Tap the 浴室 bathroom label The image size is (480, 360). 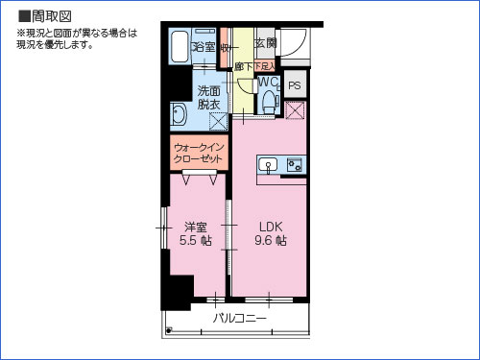pos(204,46)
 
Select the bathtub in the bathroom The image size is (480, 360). pos(180,46)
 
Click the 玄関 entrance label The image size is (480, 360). pos(265,43)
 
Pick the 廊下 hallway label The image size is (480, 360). pos(243,65)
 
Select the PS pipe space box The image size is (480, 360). pos(294,84)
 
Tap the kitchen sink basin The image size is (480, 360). pos(270,164)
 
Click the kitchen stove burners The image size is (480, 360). pos(294,164)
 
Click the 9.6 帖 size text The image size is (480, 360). pos(269,242)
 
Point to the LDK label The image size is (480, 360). pos(269,227)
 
